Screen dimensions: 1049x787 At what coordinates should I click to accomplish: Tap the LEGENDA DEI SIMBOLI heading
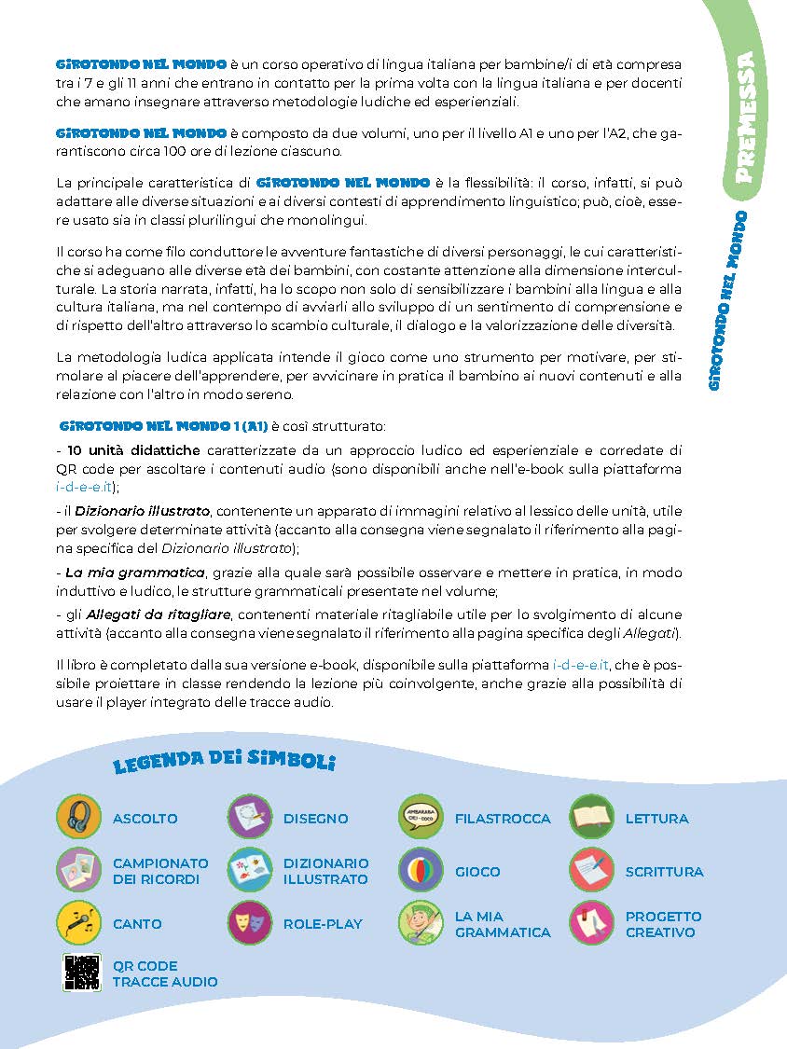pos(224,761)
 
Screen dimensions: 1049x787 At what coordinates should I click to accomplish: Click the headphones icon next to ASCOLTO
pos(79,818)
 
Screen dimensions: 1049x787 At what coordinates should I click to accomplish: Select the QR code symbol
pos(81,973)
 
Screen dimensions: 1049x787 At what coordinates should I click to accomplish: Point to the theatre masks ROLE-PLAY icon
pos(250,923)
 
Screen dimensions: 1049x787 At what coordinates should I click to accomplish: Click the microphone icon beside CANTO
pos(79,923)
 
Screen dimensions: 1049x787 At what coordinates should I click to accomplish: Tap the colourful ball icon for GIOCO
pos(421,871)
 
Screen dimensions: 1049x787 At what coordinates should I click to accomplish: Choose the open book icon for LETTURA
pos(591,818)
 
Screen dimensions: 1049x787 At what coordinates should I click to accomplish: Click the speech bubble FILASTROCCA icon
pos(421,818)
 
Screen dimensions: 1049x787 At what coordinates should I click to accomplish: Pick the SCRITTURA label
pos(664,872)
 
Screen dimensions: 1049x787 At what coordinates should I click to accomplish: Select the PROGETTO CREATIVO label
pos(663,924)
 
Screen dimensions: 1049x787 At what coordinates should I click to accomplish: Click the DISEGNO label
pos(315,819)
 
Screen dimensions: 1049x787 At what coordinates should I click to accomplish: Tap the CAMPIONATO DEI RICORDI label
pos(160,871)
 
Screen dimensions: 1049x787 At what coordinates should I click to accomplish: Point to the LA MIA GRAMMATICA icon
pos(421,923)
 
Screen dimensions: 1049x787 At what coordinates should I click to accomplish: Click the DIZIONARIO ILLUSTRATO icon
pos(250,871)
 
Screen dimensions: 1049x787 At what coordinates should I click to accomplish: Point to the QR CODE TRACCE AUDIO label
pos(165,973)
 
